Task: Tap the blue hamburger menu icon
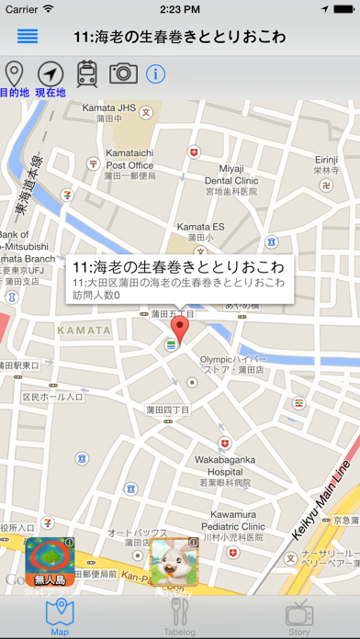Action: click(x=28, y=37)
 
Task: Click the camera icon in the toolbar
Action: click(x=123, y=73)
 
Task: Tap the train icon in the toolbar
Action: click(x=87, y=73)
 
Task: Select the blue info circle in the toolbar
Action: click(x=155, y=74)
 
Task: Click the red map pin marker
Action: click(x=181, y=328)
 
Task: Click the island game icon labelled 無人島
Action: click(x=50, y=561)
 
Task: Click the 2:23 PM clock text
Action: click(x=180, y=9)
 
